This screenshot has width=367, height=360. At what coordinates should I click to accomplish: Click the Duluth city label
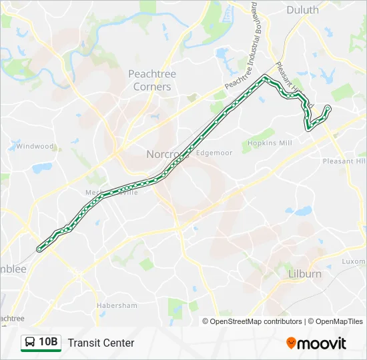[x=303, y=9]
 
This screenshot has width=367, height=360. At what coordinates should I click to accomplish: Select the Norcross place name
[x=163, y=154]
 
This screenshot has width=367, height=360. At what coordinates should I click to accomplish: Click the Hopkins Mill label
[x=270, y=143]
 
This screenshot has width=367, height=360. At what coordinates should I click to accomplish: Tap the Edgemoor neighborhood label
[x=214, y=153]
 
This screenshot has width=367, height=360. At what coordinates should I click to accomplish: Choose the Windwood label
[x=35, y=146]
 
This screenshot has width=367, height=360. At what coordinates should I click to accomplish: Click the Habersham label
[x=116, y=305]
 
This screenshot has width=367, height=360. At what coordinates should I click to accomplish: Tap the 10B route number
[x=49, y=343]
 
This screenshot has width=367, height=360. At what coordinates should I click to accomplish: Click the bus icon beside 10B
[x=30, y=343]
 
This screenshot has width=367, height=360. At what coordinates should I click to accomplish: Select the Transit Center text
[x=101, y=343]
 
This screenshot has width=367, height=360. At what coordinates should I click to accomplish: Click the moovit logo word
[x=322, y=343]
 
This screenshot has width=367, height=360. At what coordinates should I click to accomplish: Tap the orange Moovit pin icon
[x=291, y=343]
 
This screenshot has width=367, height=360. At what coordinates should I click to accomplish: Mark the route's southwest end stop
[x=39, y=249]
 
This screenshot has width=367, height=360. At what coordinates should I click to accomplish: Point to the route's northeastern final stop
[x=328, y=108]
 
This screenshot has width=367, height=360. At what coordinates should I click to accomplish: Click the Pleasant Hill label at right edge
[x=344, y=161]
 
